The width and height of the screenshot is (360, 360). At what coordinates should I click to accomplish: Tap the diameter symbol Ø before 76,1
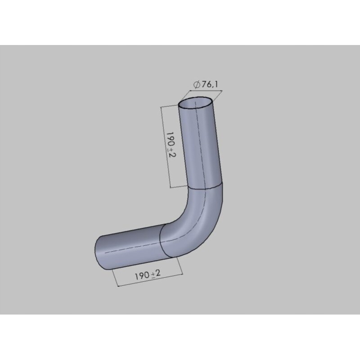pos(197,85)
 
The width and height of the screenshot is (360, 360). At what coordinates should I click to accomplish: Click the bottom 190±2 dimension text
pos(148,275)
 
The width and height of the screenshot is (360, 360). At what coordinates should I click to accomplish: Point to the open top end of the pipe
pos(196,103)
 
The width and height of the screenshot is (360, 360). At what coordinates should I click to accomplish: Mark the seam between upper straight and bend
pos(205,186)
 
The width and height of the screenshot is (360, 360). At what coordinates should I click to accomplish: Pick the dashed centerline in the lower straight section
pos(130,247)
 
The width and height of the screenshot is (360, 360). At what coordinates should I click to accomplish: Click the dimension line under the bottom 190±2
pos(148,281)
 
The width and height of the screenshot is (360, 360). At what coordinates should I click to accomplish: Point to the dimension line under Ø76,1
pos(200,95)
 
